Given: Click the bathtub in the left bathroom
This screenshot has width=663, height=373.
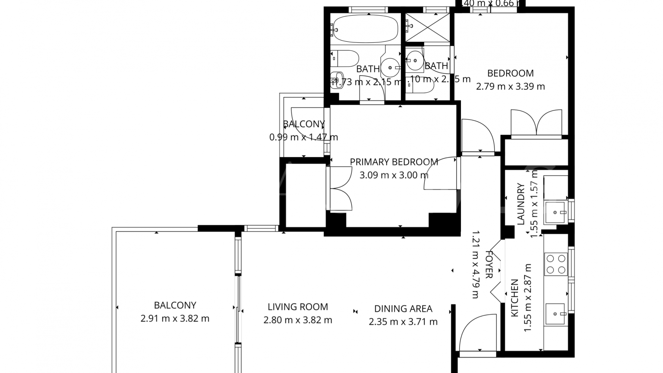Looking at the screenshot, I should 366,28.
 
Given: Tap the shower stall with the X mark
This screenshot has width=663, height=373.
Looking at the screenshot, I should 427,28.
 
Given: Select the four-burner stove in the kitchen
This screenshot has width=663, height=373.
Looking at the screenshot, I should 556,264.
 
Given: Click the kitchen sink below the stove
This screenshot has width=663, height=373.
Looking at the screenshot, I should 555,314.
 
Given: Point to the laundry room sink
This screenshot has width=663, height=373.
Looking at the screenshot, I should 555,212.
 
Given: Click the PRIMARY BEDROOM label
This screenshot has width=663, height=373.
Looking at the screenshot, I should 394,162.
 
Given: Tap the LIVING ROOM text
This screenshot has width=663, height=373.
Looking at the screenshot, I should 298,307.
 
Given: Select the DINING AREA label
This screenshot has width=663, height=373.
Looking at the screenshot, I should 403,309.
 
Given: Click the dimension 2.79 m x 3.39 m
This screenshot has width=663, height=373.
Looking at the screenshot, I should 510,86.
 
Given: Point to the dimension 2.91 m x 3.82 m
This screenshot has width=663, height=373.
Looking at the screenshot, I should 175,318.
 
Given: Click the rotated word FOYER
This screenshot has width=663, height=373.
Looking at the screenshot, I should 489,265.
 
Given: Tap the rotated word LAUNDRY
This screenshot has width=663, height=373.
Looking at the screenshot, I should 521,204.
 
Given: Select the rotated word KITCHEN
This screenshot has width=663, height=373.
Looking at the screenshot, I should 515,298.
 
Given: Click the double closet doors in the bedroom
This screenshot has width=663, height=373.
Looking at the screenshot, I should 536,123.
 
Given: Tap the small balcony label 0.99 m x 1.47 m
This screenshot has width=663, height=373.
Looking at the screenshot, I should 304,137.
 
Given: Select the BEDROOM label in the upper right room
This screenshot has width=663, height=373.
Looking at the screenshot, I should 510,73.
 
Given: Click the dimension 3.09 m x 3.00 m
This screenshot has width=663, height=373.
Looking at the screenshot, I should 394,175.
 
